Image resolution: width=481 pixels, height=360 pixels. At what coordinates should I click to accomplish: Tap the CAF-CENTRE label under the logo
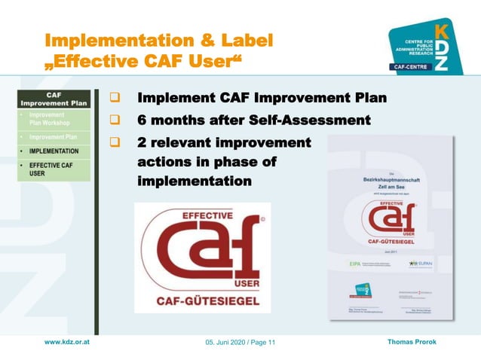coord(410,67)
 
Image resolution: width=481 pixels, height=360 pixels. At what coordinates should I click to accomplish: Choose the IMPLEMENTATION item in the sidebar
coord(54,151)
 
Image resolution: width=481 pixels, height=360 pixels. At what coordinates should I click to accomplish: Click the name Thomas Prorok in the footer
coord(412,343)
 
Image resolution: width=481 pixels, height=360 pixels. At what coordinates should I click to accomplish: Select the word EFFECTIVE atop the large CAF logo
coord(207,216)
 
